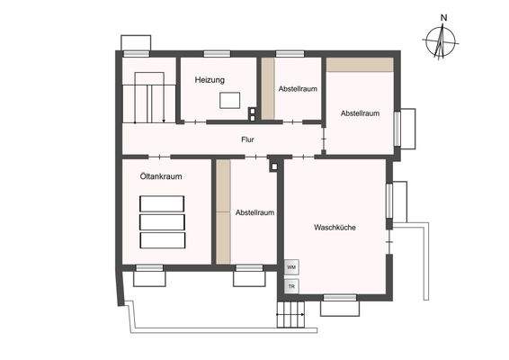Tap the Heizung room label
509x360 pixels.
[210, 81]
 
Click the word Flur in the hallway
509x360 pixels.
[248, 139]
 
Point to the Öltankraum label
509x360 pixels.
[162, 177]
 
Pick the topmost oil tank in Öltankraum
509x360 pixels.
[162, 202]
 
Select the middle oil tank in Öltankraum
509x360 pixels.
[162, 221]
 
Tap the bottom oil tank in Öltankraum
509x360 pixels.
[162, 240]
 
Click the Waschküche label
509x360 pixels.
[335, 228]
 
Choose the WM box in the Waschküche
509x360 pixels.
[290, 268]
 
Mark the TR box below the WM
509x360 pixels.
[290, 286]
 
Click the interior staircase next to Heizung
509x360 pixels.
[149, 99]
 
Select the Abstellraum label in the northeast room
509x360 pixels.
[360, 113]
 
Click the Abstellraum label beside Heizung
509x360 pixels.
[297, 90]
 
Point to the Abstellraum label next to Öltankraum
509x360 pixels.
[254, 213]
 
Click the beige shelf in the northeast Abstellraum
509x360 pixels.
[360, 66]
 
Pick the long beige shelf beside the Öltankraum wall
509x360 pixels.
[223, 211]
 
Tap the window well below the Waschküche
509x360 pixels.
[340, 308]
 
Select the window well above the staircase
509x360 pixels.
[138, 43]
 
